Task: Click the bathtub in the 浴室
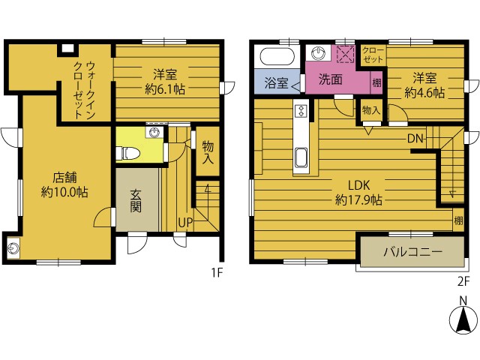pyautogui.click(x=277, y=57)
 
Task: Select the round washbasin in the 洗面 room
pyautogui.click(x=319, y=53)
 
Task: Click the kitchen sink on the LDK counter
pyautogui.click(x=301, y=157)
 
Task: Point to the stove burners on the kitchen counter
pyautogui.click(x=301, y=110)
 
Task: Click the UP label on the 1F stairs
pyautogui.click(x=185, y=223)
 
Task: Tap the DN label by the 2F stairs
pyautogui.click(x=415, y=139)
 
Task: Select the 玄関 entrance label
pyautogui.click(x=136, y=201)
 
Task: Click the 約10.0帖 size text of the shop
pyautogui.click(x=64, y=193)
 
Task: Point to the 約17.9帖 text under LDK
pyautogui.click(x=358, y=200)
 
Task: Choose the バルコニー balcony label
pyautogui.click(x=413, y=252)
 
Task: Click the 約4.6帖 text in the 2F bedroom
pyautogui.click(x=424, y=93)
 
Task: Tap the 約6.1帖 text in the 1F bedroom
pyautogui.click(x=165, y=89)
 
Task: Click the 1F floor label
pyautogui.click(x=217, y=272)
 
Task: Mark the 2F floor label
pyautogui.click(x=463, y=281)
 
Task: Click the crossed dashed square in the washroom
pyautogui.click(x=346, y=55)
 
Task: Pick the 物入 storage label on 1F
pyautogui.click(x=208, y=152)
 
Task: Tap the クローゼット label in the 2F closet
pyautogui.click(x=373, y=55)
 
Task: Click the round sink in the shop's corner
pyautogui.click(x=13, y=248)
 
